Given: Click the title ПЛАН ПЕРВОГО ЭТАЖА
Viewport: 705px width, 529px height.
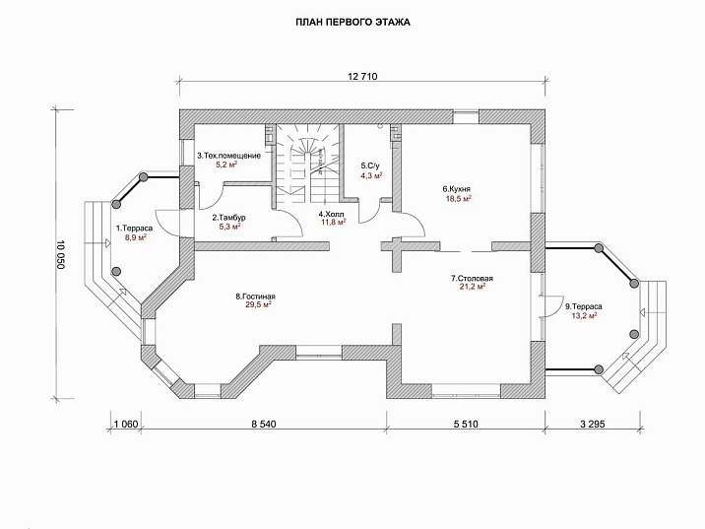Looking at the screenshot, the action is [x=352, y=22].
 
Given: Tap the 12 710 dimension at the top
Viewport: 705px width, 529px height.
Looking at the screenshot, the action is [x=362, y=77].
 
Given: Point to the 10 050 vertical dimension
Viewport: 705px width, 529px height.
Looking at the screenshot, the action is [x=61, y=254].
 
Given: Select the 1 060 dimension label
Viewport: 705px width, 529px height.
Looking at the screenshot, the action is [x=126, y=424].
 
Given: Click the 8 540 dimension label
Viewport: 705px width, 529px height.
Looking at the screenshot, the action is [x=264, y=424].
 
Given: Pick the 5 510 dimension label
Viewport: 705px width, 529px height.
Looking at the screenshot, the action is [x=466, y=424].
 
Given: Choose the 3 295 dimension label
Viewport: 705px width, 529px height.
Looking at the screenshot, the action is [x=593, y=424].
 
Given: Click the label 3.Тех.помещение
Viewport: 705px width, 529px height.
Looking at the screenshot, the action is [x=228, y=156].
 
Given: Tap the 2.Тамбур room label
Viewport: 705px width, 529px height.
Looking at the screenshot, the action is [x=228, y=218].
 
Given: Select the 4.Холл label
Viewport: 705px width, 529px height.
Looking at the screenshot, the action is [x=332, y=214].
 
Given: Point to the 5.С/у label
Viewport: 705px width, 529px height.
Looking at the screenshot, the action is [x=370, y=165].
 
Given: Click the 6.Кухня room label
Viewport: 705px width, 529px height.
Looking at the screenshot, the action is [x=456, y=189].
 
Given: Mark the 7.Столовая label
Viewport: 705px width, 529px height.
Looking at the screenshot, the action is [x=472, y=279].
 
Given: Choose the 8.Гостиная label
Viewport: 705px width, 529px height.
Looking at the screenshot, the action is [x=255, y=297].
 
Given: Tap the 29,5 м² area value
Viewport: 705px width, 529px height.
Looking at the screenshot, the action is [x=256, y=305].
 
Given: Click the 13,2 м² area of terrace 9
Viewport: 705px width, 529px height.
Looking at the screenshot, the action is [x=584, y=315].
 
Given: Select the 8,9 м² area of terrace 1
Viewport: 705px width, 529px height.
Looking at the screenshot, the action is [x=136, y=237].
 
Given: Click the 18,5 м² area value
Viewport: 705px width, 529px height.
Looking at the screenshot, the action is [x=458, y=198].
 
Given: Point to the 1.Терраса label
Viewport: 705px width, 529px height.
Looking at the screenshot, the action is [x=135, y=229].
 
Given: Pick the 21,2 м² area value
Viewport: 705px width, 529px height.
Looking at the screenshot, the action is [x=473, y=287].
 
